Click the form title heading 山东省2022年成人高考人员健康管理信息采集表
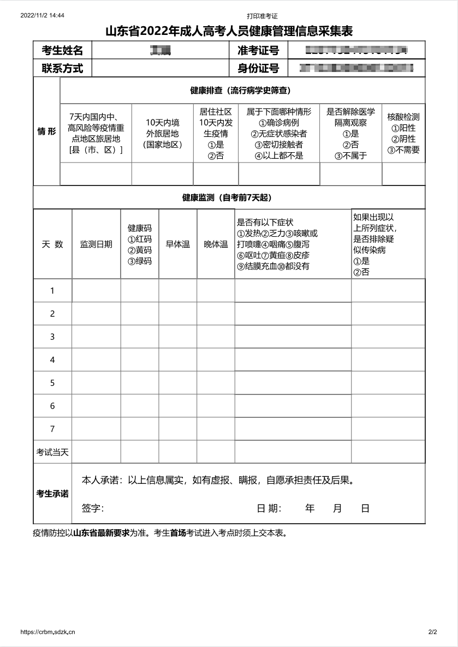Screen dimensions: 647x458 coord(229,31)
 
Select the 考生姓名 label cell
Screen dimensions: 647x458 coord(62,51)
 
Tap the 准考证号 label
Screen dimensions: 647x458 coord(258,51)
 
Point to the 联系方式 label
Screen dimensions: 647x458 coord(62,68)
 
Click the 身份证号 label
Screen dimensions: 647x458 coord(258,68)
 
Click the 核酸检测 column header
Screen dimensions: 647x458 coord(403,117)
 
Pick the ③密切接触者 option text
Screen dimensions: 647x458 coord(278,145)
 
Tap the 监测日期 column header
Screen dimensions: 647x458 coord(96,244)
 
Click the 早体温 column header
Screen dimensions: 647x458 coord(178,244)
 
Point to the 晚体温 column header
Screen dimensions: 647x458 coord(216,244)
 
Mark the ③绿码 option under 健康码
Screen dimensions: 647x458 coord(140,261)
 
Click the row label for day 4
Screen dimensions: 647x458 coord(52,360)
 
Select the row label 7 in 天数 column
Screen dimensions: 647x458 coord(52,429)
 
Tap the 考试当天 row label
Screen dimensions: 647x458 coord(52,452)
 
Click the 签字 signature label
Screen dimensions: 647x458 coord(93,508)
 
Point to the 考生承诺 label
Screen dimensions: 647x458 coord(52,494)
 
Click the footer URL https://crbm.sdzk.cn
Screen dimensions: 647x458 coord(47,632)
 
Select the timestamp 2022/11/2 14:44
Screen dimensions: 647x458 coord(42,16)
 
